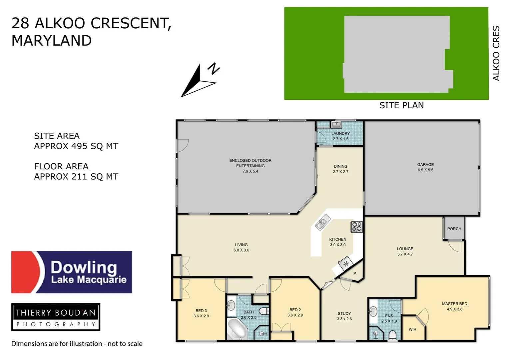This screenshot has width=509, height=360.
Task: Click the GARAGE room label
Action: coord(425,165)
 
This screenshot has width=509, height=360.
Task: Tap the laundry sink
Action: coord(336,125)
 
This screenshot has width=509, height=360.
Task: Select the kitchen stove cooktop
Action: coord(356,227)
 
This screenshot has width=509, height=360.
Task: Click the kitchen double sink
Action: coord(322,223)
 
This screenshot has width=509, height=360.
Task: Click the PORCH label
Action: coord(454,229)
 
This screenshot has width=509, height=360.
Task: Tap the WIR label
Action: coord(412,330)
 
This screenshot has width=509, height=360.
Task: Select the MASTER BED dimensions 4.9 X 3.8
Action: coord(454,309)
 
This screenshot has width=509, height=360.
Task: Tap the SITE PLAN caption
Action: coord(401,106)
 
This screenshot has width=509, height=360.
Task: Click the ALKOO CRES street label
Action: coord(496,53)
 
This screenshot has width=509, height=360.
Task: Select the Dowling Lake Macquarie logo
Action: coord(72,272)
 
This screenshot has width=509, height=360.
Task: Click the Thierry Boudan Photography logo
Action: coord(56,317)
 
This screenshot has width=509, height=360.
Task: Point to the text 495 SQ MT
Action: coord(95,146)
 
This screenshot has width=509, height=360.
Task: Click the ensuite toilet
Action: coord(393,334)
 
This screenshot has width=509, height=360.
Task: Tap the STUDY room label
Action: coord(344,314)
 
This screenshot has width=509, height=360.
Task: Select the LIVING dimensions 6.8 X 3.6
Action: coord(241,250)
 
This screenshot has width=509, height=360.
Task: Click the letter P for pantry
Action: coord(355,274)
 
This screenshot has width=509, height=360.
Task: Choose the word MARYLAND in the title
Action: coord(52,41)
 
